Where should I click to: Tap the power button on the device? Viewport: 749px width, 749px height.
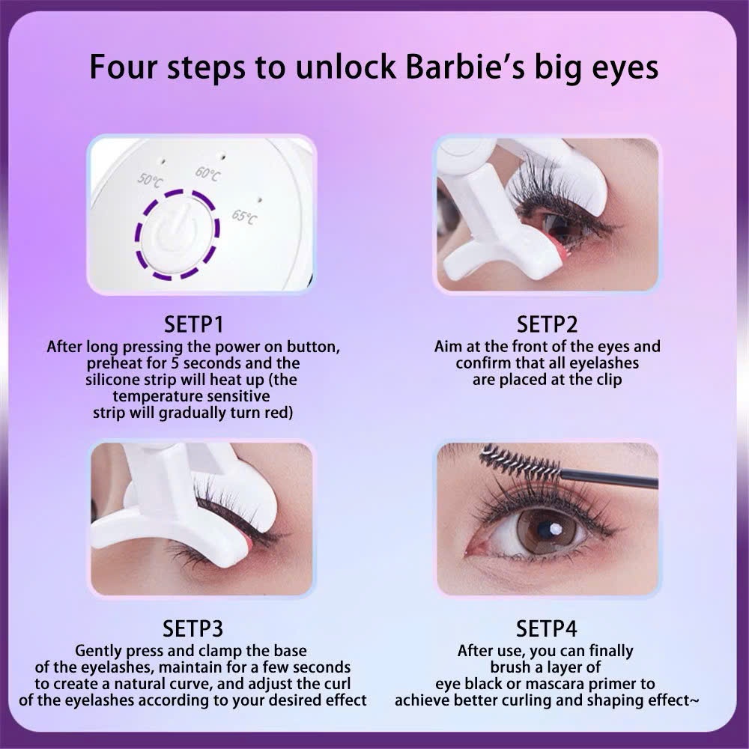point(178,234)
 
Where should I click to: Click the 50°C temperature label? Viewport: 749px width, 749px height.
point(150,180)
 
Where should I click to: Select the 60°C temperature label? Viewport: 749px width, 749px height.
point(207,174)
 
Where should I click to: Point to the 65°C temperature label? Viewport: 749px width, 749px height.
point(244,217)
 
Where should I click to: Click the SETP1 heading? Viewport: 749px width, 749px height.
point(193,324)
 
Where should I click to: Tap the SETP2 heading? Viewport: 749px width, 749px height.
point(547,324)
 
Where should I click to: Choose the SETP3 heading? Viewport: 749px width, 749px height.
point(193,628)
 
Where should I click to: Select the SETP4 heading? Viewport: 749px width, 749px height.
point(547,628)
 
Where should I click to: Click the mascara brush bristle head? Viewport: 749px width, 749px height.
point(520,463)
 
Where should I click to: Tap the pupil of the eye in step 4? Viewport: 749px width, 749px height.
point(545,530)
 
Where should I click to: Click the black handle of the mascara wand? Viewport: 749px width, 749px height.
point(609,479)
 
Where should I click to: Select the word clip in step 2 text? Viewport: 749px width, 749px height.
point(607,380)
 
